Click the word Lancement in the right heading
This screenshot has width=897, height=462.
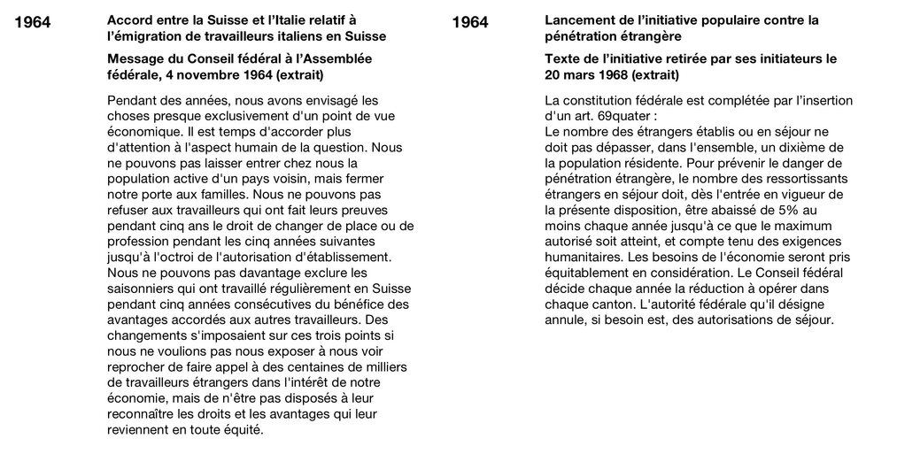(x=582, y=19)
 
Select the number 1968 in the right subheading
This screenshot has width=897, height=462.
(x=614, y=76)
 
